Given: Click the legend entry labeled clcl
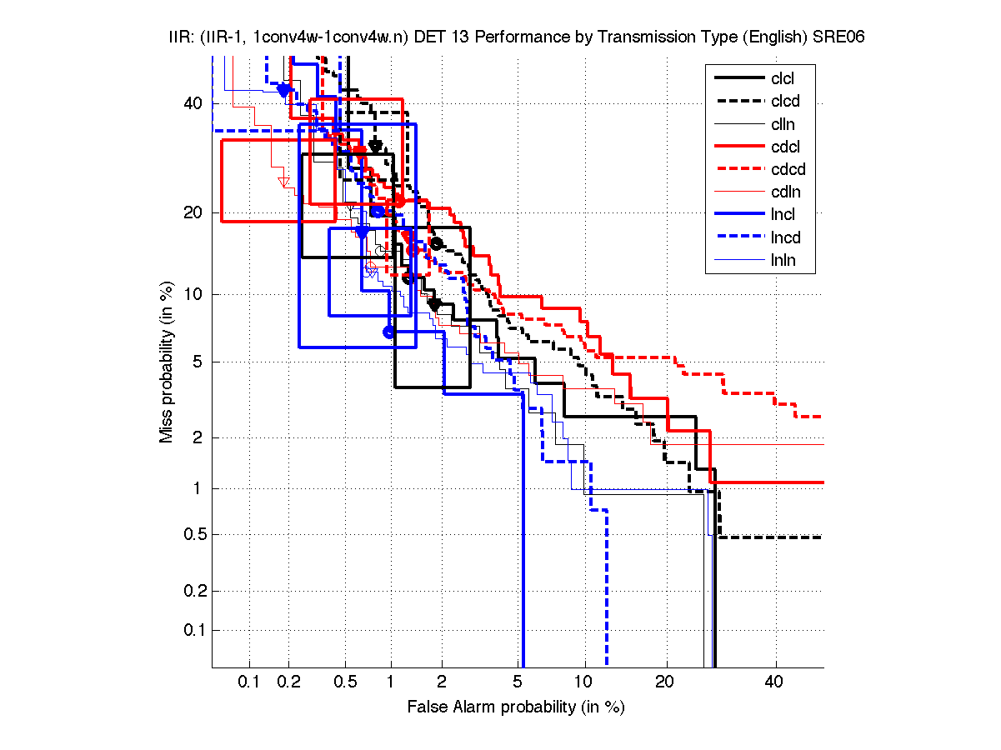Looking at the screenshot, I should point(783,78).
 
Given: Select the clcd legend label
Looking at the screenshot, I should point(783,102).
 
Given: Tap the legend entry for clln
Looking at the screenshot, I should point(783,124).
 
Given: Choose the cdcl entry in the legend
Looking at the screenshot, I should point(783,147).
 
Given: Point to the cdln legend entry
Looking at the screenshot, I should point(783,192).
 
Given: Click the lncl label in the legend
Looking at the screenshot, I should point(783,215).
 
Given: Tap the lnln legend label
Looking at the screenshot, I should point(783,260).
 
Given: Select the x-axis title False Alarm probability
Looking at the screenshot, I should point(516,707).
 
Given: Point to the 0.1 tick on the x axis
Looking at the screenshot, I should point(249,682).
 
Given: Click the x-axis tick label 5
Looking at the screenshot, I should point(518,682).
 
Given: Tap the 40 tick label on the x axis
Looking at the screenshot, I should point(774,682).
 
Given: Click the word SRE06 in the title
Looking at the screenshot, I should point(827,39).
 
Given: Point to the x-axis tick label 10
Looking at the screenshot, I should point(584,682).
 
